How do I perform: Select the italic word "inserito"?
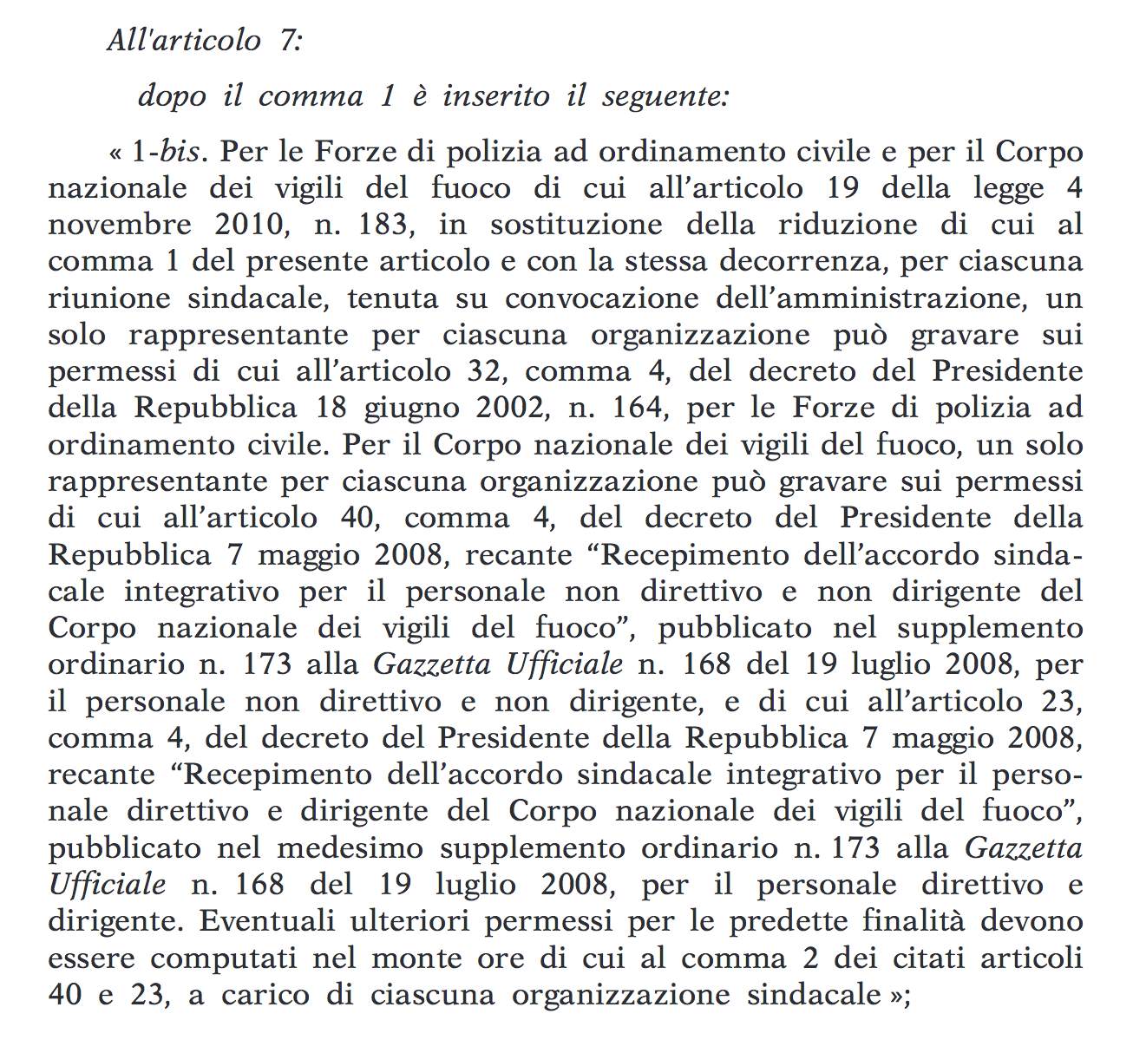(x=495, y=95)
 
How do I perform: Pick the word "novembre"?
(x=120, y=226)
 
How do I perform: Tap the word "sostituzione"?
(x=576, y=226)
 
